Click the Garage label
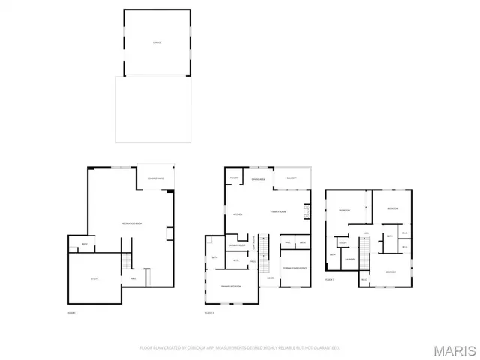tap(156, 43)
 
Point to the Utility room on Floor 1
tap(94, 278)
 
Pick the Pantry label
tap(234, 178)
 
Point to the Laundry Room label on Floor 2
tap(238, 245)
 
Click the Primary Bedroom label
tap(230, 286)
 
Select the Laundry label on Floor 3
tap(350, 260)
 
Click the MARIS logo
tap(454, 349)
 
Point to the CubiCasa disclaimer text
tap(240, 348)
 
